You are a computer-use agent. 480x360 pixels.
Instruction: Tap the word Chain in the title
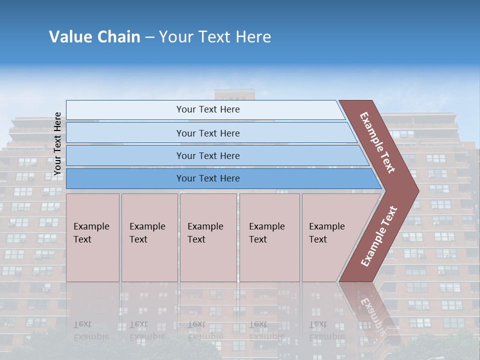pyautogui.click(x=118, y=37)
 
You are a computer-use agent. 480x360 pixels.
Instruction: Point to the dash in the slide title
pyautogui.click(x=149, y=37)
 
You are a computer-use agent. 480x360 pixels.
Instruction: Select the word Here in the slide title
pyautogui.click(x=253, y=37)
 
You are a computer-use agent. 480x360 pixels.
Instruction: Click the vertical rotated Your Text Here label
pyautogui.click(x=57, y=143)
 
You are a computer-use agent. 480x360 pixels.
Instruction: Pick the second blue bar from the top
pyautogui.click(x=207, y=133)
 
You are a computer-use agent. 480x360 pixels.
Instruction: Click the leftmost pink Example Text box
pyautogui.click(x=92, y=237)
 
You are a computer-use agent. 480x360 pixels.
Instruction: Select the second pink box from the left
pyautogui.click(x=149, y=237)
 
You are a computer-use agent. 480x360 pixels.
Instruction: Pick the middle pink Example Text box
pyautogui.click(x=208, y=237)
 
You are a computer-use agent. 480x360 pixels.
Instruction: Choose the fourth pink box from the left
pyautogui.click(x=269, y=237)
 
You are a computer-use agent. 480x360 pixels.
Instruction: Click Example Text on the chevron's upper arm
pyautogui.click(x=377, y=142)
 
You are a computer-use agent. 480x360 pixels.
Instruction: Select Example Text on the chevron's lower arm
pyautogui.click(x=379, y=236)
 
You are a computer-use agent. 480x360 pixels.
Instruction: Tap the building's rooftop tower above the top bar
pyautogui.click(x=234, y=94)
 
